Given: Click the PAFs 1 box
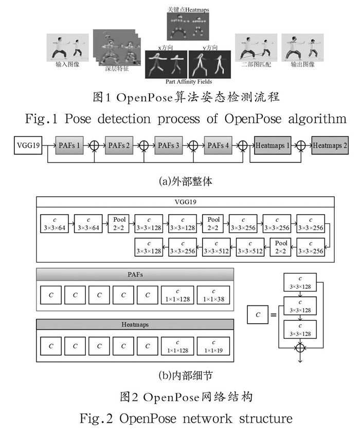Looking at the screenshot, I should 70,146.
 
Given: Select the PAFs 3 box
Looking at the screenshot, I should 169,146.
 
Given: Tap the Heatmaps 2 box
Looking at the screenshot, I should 328,146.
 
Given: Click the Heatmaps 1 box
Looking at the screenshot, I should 272,146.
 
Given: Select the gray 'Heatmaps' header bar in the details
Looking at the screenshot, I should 135,324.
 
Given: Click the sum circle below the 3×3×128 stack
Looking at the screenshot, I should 301,348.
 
